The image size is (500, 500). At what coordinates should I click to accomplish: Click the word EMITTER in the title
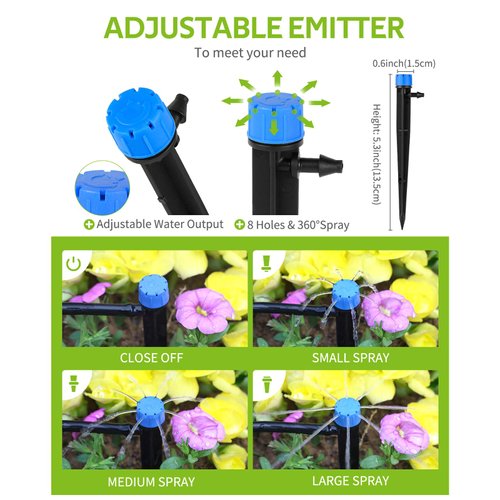tap(338, 27)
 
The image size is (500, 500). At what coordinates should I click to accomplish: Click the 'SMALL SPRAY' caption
tap(344, 357)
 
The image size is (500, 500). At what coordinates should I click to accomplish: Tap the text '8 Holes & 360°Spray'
tap(298, 226)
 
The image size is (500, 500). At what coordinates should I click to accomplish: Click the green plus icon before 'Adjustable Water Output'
tap(89, 226)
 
